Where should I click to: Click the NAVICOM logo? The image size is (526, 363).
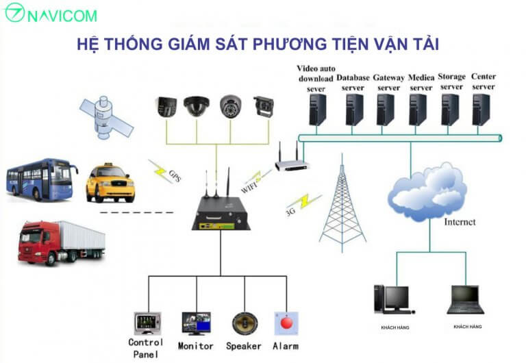51,13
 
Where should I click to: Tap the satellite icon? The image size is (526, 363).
106,117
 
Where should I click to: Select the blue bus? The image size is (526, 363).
42,179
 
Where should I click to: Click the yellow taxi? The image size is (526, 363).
110,183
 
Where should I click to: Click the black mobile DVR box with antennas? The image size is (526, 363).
221,208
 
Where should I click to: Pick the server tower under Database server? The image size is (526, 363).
354,110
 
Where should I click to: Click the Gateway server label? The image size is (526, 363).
389,82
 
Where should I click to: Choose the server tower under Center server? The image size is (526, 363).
481,110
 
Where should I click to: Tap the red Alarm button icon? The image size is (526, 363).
286,323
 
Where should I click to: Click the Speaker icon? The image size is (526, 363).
245,323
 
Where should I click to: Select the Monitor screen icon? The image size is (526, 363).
197,324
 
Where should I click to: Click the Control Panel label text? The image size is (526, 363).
146,348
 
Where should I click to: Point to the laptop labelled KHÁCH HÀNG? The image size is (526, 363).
465,299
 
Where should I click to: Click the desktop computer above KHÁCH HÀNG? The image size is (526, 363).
394,299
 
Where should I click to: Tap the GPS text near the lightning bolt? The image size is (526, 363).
175,176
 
